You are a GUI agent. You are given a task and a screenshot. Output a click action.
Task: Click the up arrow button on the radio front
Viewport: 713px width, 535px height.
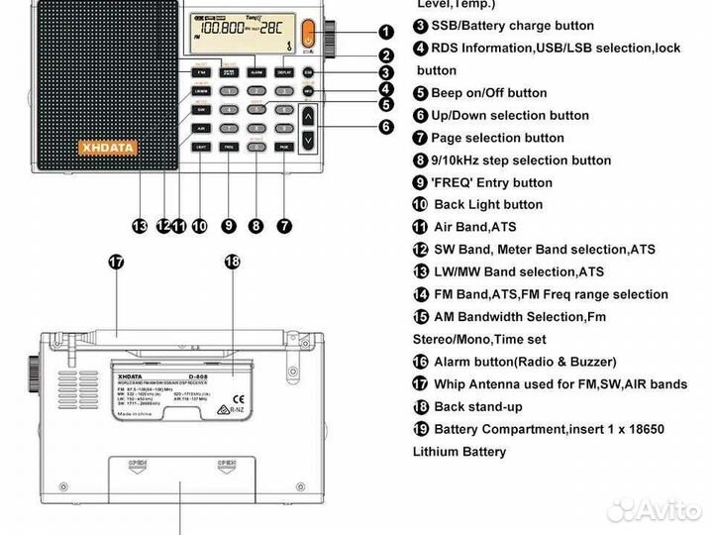[x=310, y=118]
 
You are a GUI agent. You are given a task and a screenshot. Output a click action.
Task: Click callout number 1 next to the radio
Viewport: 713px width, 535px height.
[x=386, y=32]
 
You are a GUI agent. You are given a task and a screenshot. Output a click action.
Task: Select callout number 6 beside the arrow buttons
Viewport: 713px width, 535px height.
[x=386, y=127]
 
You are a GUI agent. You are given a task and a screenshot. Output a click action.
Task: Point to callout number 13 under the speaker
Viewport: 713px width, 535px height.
[x=141, y=226]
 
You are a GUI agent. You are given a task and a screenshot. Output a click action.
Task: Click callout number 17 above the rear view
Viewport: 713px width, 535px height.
[x=116, y=262]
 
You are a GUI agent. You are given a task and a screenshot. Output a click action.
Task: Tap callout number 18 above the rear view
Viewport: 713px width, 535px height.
[x=232, y=262]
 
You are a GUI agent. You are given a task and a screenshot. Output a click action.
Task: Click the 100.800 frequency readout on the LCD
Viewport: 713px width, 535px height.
[x=223, y=29]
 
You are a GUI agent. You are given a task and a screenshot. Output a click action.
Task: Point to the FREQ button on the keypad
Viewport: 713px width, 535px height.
[x=229, y=146]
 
